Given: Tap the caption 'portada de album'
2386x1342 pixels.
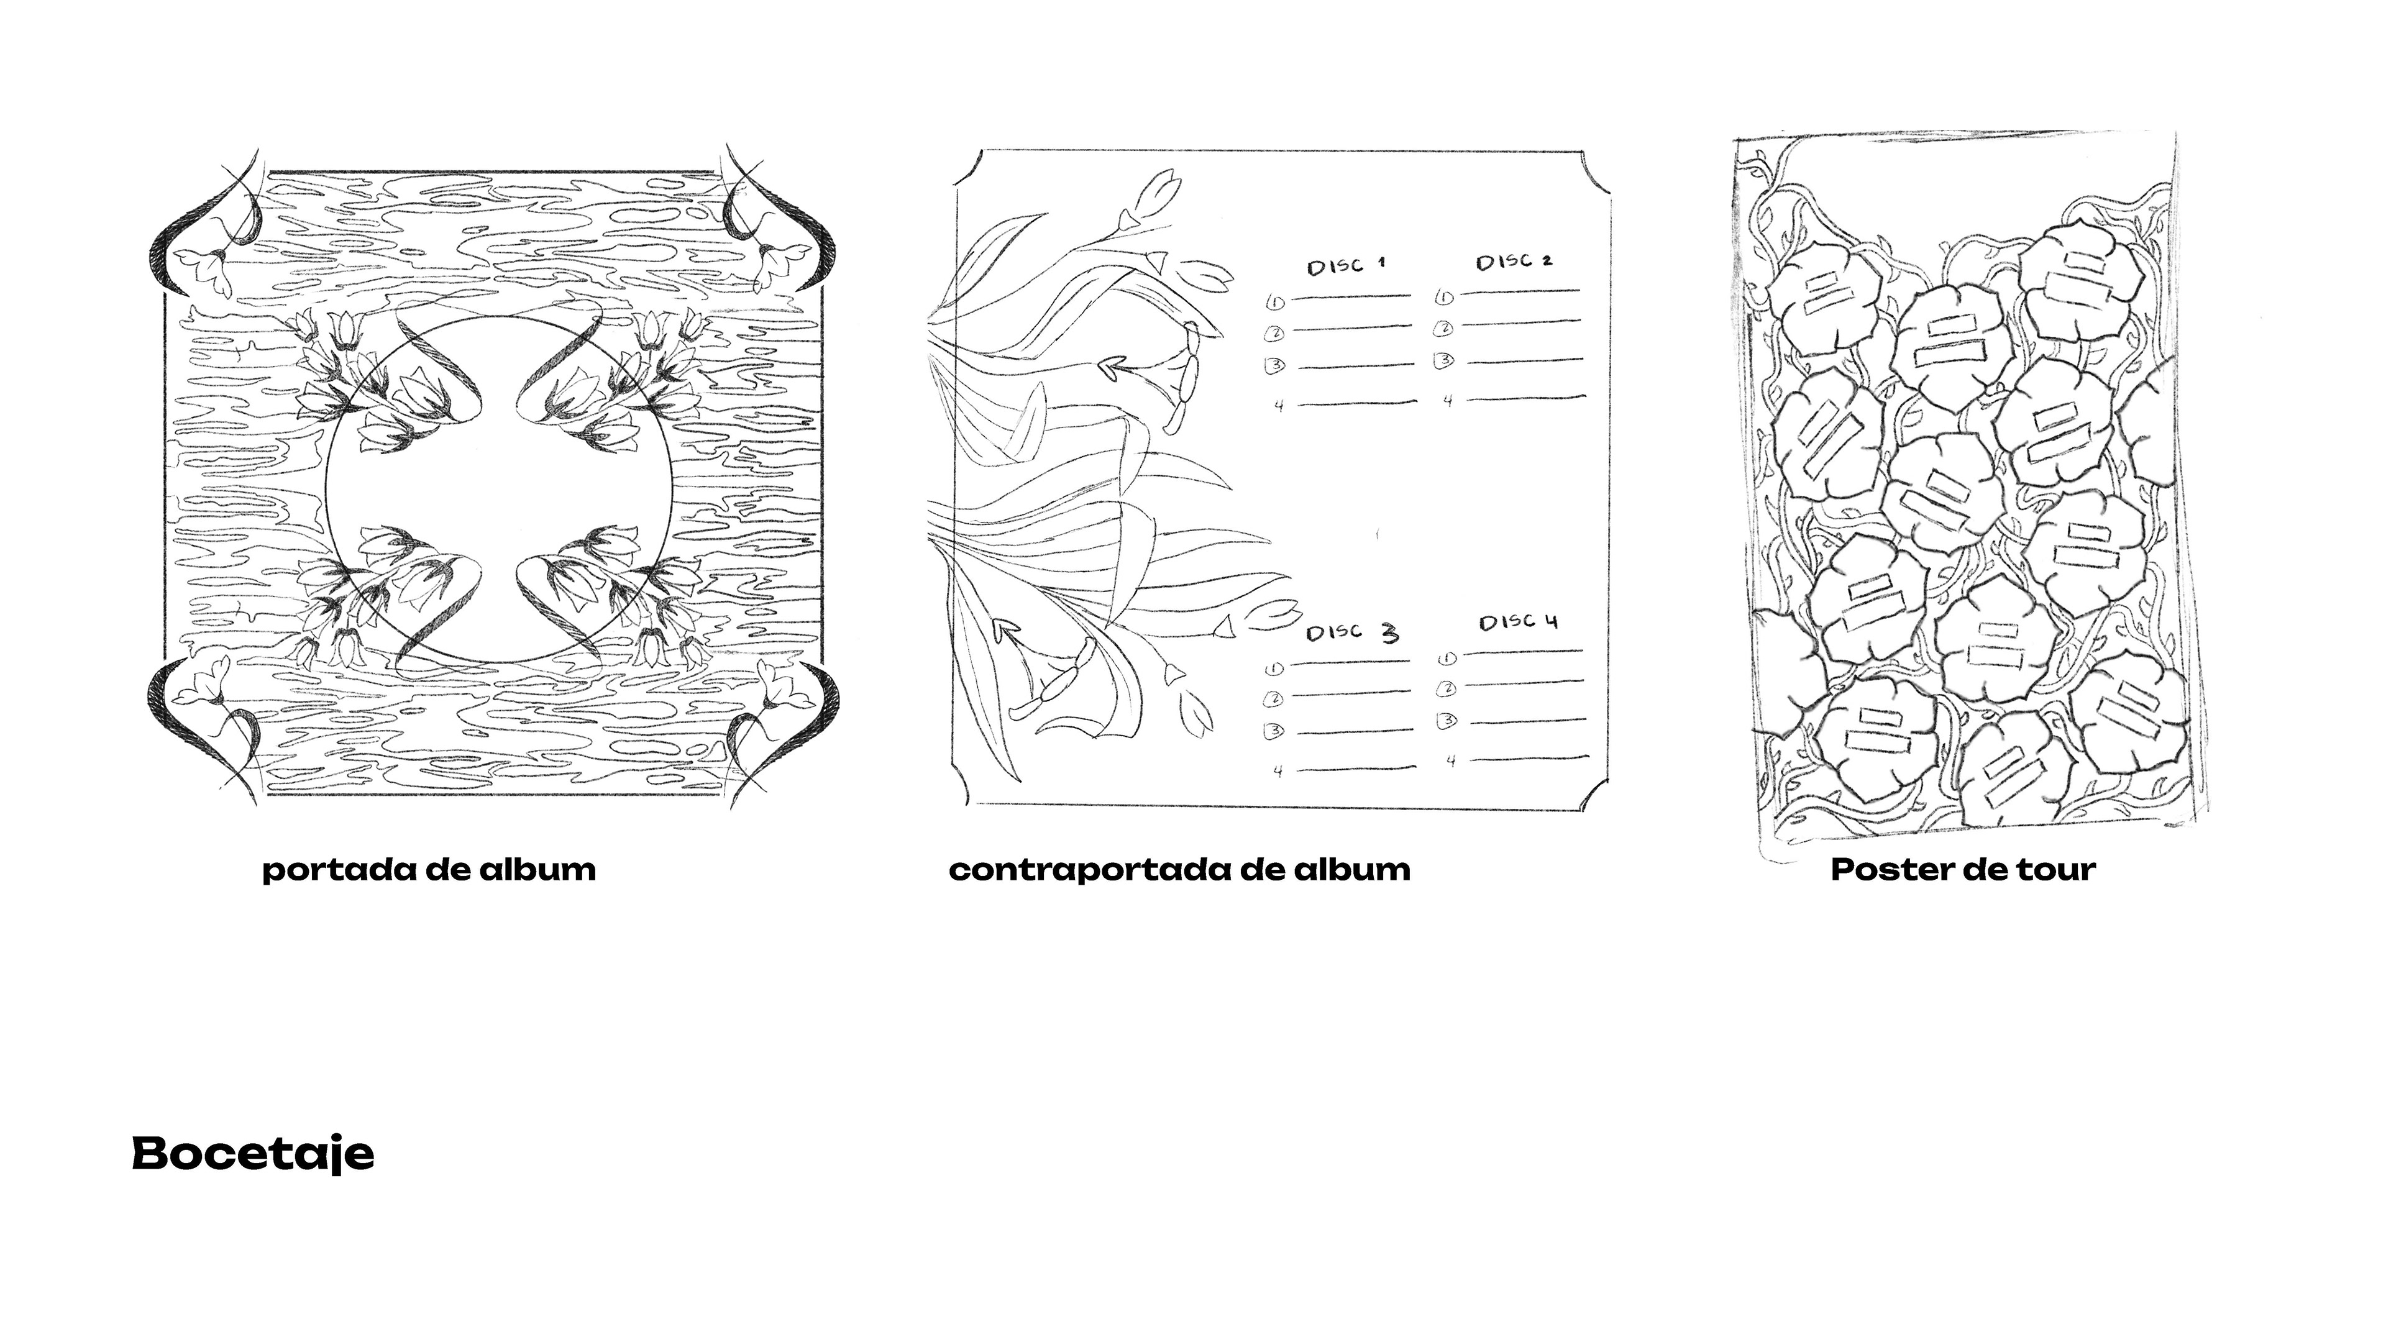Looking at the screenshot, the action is tap(429, 870).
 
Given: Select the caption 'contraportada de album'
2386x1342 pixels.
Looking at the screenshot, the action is tap(1180, 870).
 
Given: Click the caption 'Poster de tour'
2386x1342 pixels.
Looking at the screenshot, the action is tap(1963, 870).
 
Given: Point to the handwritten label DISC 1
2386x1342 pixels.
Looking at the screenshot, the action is tap(1346, 266).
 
